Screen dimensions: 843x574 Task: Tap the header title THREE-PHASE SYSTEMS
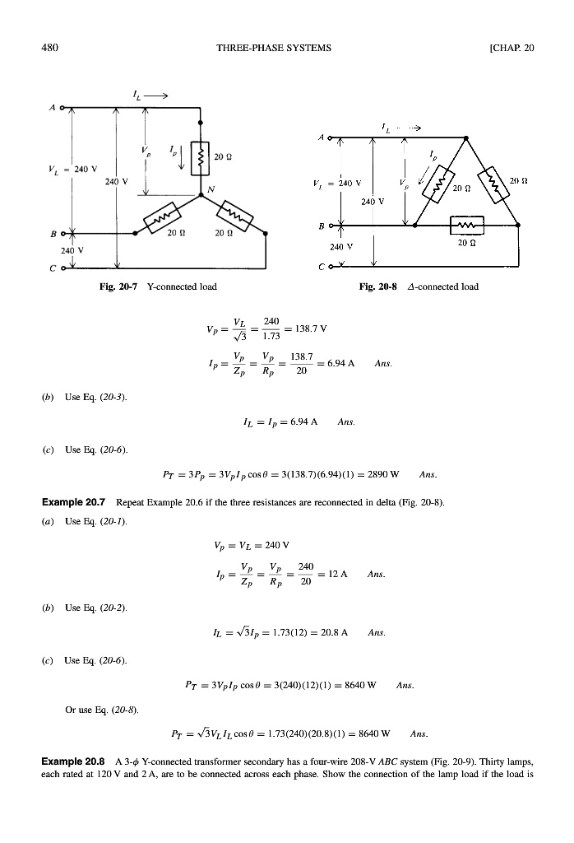tap(273, 47)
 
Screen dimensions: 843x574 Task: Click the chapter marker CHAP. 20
tap(511, 47)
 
